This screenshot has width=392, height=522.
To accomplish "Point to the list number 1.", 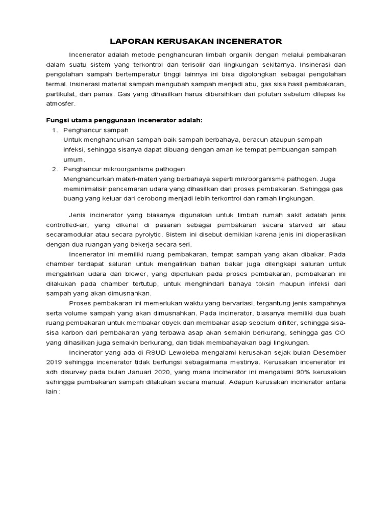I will [x=55, y=130].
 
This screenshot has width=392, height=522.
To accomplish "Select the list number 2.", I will [x=55, y=169].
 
